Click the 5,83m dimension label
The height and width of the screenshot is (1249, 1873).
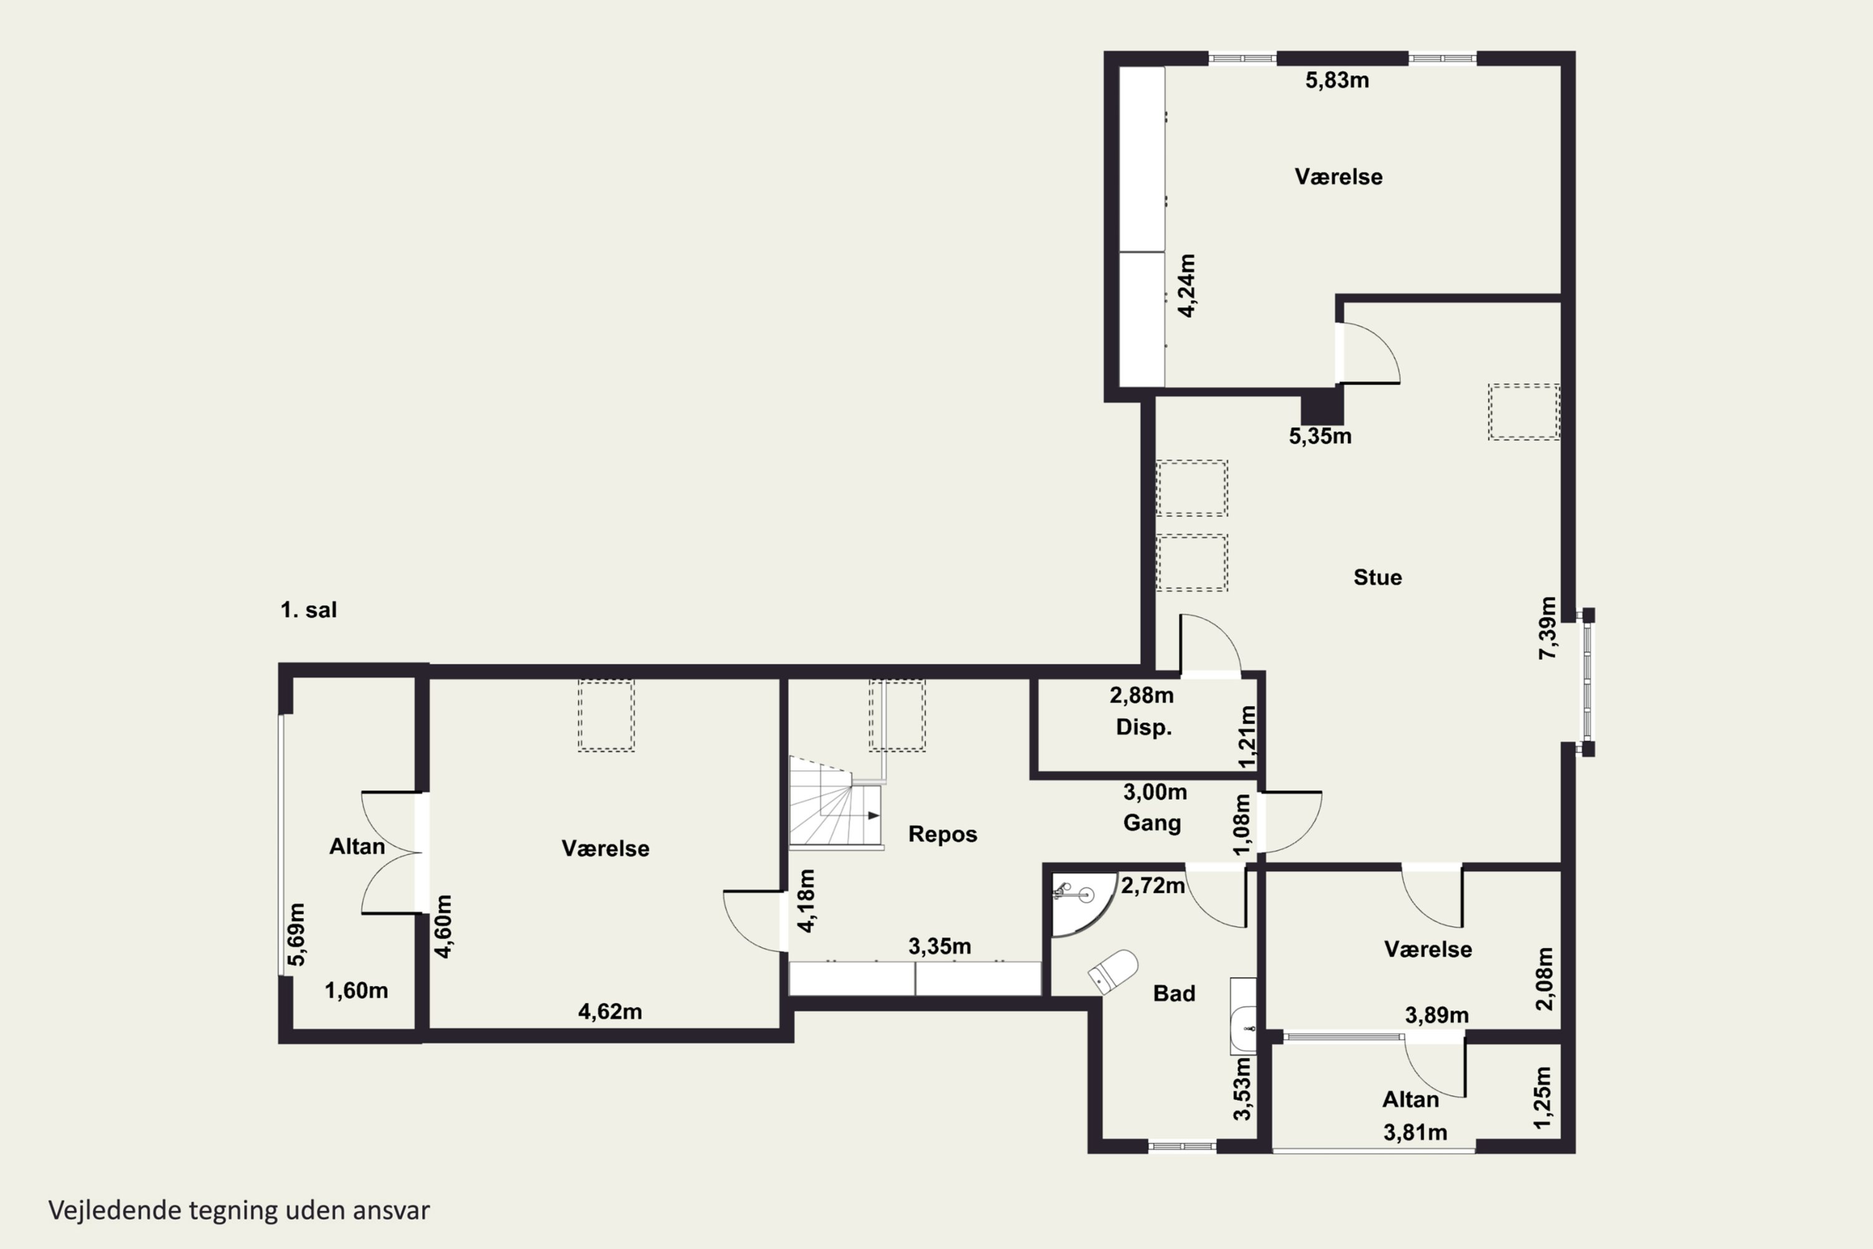[x=1337, y=81]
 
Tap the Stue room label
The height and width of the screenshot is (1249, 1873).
[x=1378, y=578]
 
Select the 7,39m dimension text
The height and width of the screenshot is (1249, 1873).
[x=1546, y=628]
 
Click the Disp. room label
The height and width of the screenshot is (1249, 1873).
[x=1144, y=728]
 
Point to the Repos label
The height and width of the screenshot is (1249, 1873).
[x=943, y=834]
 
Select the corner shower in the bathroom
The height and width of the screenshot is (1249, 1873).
[x=1083, y=904]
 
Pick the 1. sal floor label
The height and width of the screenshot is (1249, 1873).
[x=309, y=610]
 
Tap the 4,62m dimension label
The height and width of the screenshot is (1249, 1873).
[x=610, y=1012]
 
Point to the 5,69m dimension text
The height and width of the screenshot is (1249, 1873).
[x=296, y=934]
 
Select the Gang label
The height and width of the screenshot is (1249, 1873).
[x=1153, y=824]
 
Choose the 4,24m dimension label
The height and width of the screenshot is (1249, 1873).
[x=1187, y=286]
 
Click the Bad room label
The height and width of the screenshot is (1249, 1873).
[x=1174, y=994]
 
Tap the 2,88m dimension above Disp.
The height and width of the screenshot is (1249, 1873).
[x=1142, y=696]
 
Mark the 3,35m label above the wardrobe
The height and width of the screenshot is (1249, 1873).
[x=940, y=946]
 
